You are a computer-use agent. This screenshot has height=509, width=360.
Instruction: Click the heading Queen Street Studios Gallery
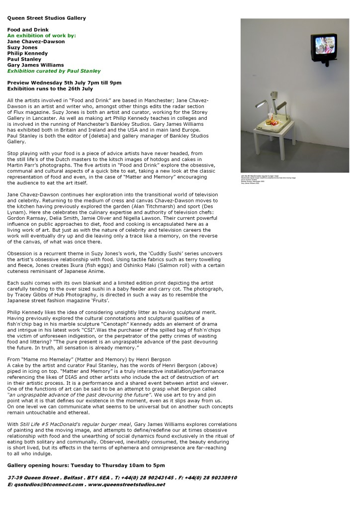(46, 18)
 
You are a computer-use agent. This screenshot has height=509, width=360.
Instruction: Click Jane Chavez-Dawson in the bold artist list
(36, 42)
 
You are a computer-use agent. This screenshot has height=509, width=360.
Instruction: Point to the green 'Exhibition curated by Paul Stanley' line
(54, 71)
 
